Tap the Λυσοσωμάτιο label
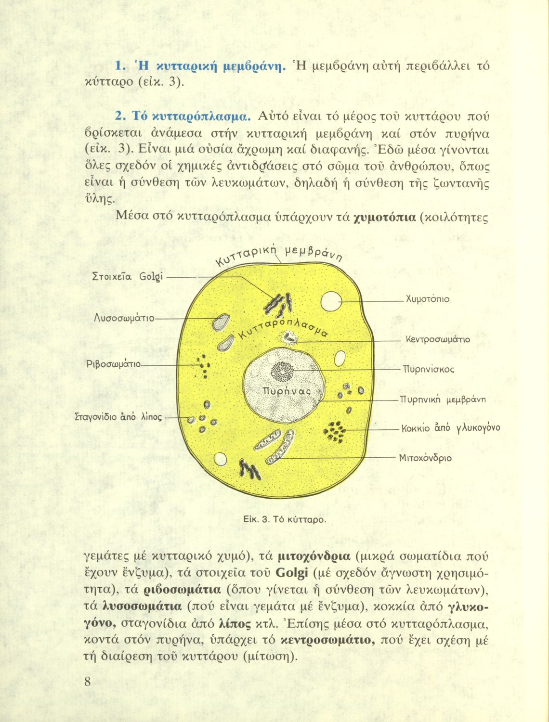click(124, 318)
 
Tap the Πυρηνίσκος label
click(429, 370)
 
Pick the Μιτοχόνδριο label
click(425, 458)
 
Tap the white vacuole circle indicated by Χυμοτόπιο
click(331, 301)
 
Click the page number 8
click(87, 682)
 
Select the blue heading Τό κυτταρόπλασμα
click(183, 116)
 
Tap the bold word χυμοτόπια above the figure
click(385, 218)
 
